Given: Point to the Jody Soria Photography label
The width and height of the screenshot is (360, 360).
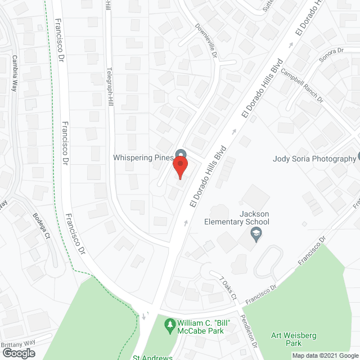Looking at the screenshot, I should pos(314,159).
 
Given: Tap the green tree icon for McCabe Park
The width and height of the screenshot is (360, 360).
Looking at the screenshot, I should pos(169,325).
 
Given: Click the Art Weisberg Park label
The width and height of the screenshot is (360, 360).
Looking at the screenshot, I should pos(293,339).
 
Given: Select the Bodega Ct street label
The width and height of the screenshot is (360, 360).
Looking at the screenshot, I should pos(41,225).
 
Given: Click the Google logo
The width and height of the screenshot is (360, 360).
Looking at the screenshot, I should pos(19,353).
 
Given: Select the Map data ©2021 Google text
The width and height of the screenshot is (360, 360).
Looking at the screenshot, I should pos(324,355).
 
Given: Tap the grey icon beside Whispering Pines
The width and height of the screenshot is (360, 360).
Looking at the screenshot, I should pos(181,154).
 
